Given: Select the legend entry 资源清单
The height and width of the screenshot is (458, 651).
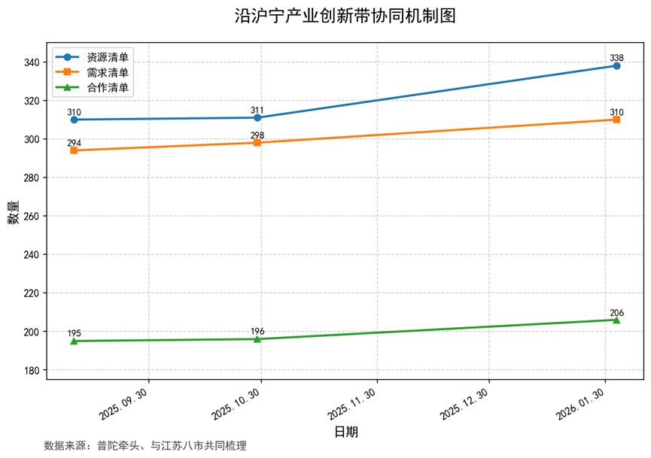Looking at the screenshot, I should click(x=107, y=57).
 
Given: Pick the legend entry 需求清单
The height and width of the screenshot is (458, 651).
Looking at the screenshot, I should click(x=107, y=72).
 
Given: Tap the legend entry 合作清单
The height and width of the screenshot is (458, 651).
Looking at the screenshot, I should click(x=107, y=88).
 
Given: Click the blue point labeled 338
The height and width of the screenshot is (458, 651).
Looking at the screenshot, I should click(x=616, y=66).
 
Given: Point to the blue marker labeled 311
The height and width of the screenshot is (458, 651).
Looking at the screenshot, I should click(x=257, y=117).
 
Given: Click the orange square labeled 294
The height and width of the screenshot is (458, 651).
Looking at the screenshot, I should click(x=74, y=150).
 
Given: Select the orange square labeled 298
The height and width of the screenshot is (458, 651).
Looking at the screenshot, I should click(x=257, y=142).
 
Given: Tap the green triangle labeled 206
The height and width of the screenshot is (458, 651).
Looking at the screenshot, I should click(x=616, y=320).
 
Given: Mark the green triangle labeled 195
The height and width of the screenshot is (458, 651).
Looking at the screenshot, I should click(x=74, y=341).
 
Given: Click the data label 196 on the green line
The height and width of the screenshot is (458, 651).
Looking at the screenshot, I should click(x=257, y=332).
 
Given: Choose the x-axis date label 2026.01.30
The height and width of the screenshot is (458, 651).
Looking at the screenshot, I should click(x=584, y=405).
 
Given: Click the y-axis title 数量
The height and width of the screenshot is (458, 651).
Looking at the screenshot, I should click(x=14, y=214).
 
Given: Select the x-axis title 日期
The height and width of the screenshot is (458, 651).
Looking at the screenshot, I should click(x=345, y=432).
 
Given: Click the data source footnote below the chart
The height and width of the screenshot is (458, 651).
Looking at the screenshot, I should click(x=145, y=445).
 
